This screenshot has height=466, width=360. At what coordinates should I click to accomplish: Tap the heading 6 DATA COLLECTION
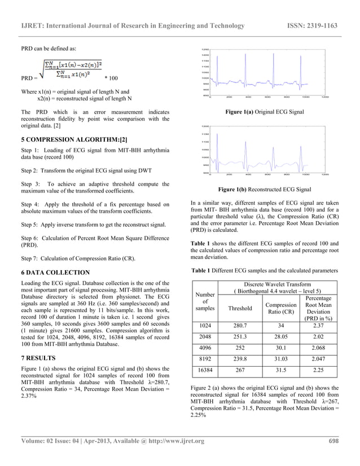(55, 272)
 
